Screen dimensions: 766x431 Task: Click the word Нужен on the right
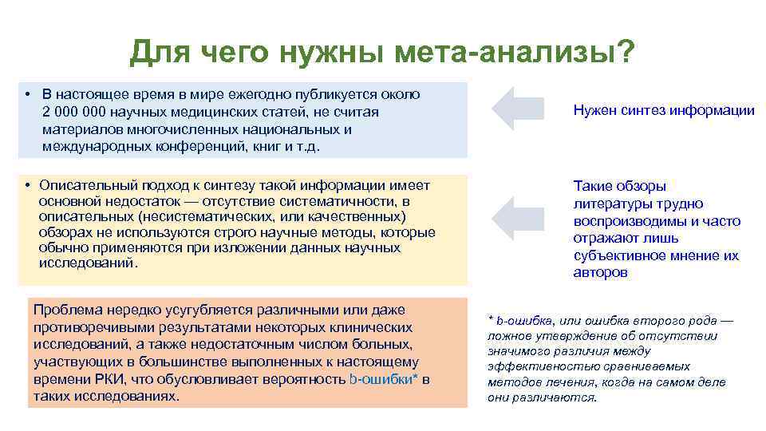point(594,111)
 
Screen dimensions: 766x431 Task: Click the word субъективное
point(619,256)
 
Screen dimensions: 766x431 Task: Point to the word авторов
point(600,273)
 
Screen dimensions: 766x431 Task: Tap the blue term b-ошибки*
point(385,379)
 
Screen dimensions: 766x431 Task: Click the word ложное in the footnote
point(508,336)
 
